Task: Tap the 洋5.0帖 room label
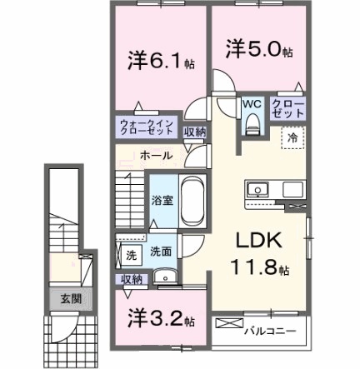pos(258,50)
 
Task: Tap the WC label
pos(253,104)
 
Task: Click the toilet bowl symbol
pos(253,125)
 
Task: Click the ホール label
pos(156,155)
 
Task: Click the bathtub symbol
pos(191,200)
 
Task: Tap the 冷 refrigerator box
pos(294,136)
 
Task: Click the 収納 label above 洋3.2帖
pos(132,279)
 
